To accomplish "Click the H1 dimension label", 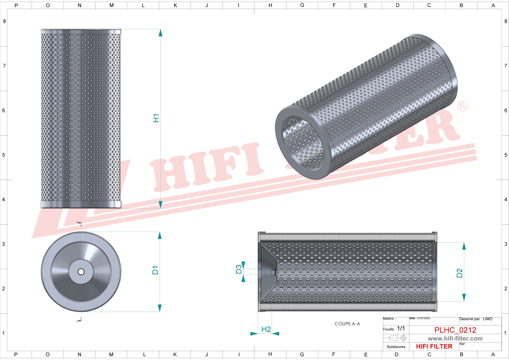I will [156, 118].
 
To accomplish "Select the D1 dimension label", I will [155, 270].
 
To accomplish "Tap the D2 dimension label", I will [460, 273].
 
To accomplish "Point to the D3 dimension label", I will [239, 269].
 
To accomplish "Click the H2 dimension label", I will [266, 329].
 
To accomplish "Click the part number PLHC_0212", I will [455, 330].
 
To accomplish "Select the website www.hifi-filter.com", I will [455, 339].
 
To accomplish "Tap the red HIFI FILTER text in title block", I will [434, 347].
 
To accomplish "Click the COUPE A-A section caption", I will [347, 324].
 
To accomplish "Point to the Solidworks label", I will [396, 347].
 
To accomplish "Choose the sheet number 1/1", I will [401, 328].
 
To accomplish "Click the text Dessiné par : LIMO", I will [476, 319].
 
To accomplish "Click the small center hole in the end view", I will [81, 272].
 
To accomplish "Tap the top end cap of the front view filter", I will [81, 32].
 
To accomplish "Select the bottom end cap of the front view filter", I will [81, 205].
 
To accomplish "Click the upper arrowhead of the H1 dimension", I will [160, 33].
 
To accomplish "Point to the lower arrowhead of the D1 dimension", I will [160, 308].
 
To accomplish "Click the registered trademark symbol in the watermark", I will [462, 107].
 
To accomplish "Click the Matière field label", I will [389, 319].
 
